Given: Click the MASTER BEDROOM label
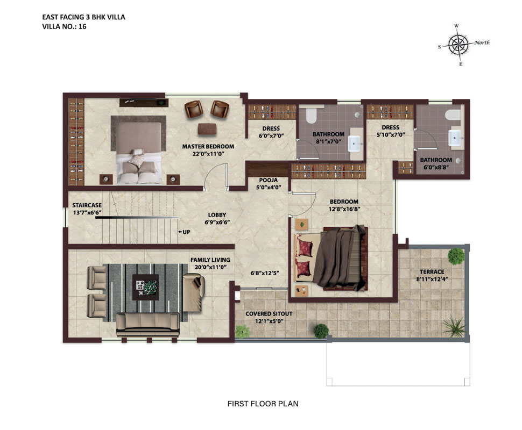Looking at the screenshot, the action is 208,146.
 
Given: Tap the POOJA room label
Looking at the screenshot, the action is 269,180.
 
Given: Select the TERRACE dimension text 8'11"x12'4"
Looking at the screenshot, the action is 432,279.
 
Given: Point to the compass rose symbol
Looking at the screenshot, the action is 458,45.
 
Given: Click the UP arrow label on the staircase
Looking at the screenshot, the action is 184,232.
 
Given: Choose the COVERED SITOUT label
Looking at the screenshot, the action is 269,313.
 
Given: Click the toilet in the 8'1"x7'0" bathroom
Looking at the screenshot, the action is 311,115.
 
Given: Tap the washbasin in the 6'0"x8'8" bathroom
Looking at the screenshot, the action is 455,138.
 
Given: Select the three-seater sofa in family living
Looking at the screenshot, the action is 148,325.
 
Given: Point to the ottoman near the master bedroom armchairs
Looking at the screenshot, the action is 207,129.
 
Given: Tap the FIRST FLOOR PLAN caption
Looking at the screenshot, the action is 263,404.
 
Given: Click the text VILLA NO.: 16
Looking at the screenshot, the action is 64,26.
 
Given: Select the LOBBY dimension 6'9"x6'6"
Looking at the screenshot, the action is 217,222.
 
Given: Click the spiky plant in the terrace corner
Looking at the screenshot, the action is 454,327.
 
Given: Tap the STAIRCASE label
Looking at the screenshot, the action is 87,205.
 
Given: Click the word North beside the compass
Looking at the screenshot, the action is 482,42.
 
